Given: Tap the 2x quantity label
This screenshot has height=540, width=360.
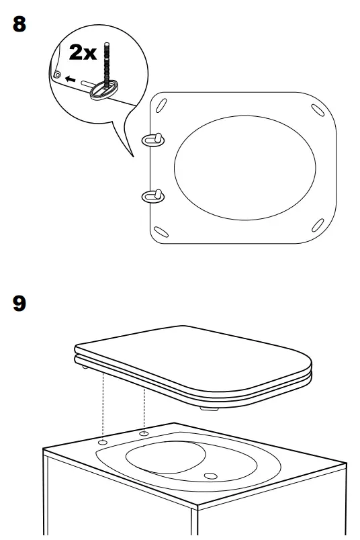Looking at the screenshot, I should [83, 52].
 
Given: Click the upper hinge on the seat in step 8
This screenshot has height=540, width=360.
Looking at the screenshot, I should [152, 138].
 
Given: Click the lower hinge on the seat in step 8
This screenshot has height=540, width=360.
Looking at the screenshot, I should [152, 195].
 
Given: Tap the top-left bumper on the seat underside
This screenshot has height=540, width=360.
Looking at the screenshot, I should [162, 105].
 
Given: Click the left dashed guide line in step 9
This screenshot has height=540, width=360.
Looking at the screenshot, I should [102, 403].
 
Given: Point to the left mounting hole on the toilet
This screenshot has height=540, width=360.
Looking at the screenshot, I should [102, 444].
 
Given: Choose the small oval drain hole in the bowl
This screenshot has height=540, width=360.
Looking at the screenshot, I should [211, 476].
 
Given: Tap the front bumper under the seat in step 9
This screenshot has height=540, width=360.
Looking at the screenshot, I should [209, 407].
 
